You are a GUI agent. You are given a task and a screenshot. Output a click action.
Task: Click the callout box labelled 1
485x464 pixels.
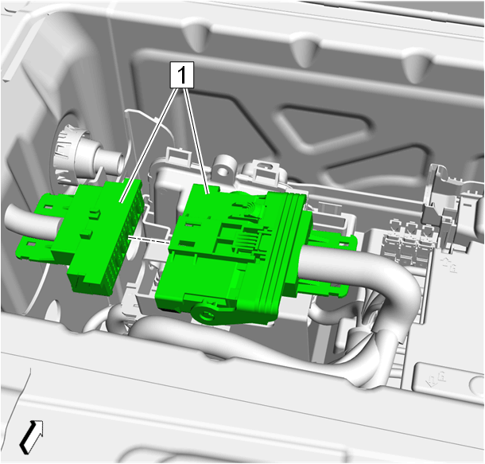pos(182,75)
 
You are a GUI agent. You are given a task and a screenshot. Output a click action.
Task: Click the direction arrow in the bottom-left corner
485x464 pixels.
pos(31,436)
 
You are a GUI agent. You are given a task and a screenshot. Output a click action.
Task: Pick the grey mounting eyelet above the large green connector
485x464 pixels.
pos(224,167)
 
